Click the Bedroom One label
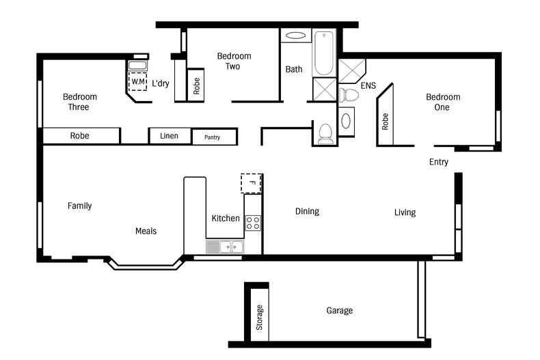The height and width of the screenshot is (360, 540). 443,102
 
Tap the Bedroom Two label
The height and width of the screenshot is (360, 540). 234,61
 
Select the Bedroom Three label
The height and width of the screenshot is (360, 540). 79,102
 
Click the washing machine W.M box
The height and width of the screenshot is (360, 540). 138,81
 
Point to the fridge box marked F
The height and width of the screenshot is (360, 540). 251,184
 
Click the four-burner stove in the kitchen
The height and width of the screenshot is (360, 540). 253,223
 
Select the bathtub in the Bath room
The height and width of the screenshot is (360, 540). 324,53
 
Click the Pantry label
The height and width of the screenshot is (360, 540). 212,137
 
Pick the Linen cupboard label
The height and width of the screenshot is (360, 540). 169,136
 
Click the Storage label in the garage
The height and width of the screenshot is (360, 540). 259,318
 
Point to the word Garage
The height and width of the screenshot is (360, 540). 340,311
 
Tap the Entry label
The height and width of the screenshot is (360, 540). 439,162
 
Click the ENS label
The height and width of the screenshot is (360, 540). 368,85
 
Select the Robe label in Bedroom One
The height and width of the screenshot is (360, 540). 385,122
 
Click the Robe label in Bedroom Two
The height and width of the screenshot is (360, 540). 196,85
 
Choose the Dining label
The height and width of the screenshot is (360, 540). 307,211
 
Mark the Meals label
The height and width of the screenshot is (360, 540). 146,231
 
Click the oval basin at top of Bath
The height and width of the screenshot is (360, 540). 295,36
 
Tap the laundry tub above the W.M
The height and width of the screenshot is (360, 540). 138,66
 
